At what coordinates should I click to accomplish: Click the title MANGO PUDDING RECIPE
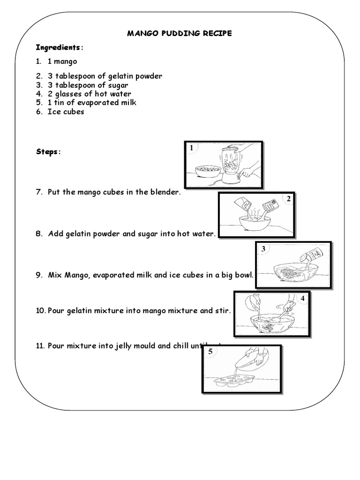180,33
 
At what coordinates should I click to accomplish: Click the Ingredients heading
58,47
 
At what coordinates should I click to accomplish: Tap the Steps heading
48,152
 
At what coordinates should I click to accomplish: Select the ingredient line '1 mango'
62,61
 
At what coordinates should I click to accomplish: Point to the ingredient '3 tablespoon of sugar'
87,85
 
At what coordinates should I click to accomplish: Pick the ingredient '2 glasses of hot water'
89,94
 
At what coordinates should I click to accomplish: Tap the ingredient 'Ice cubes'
66,112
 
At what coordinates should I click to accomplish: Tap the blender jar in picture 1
229,162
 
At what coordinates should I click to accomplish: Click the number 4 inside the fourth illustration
303,298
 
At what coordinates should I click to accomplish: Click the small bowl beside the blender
208,170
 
